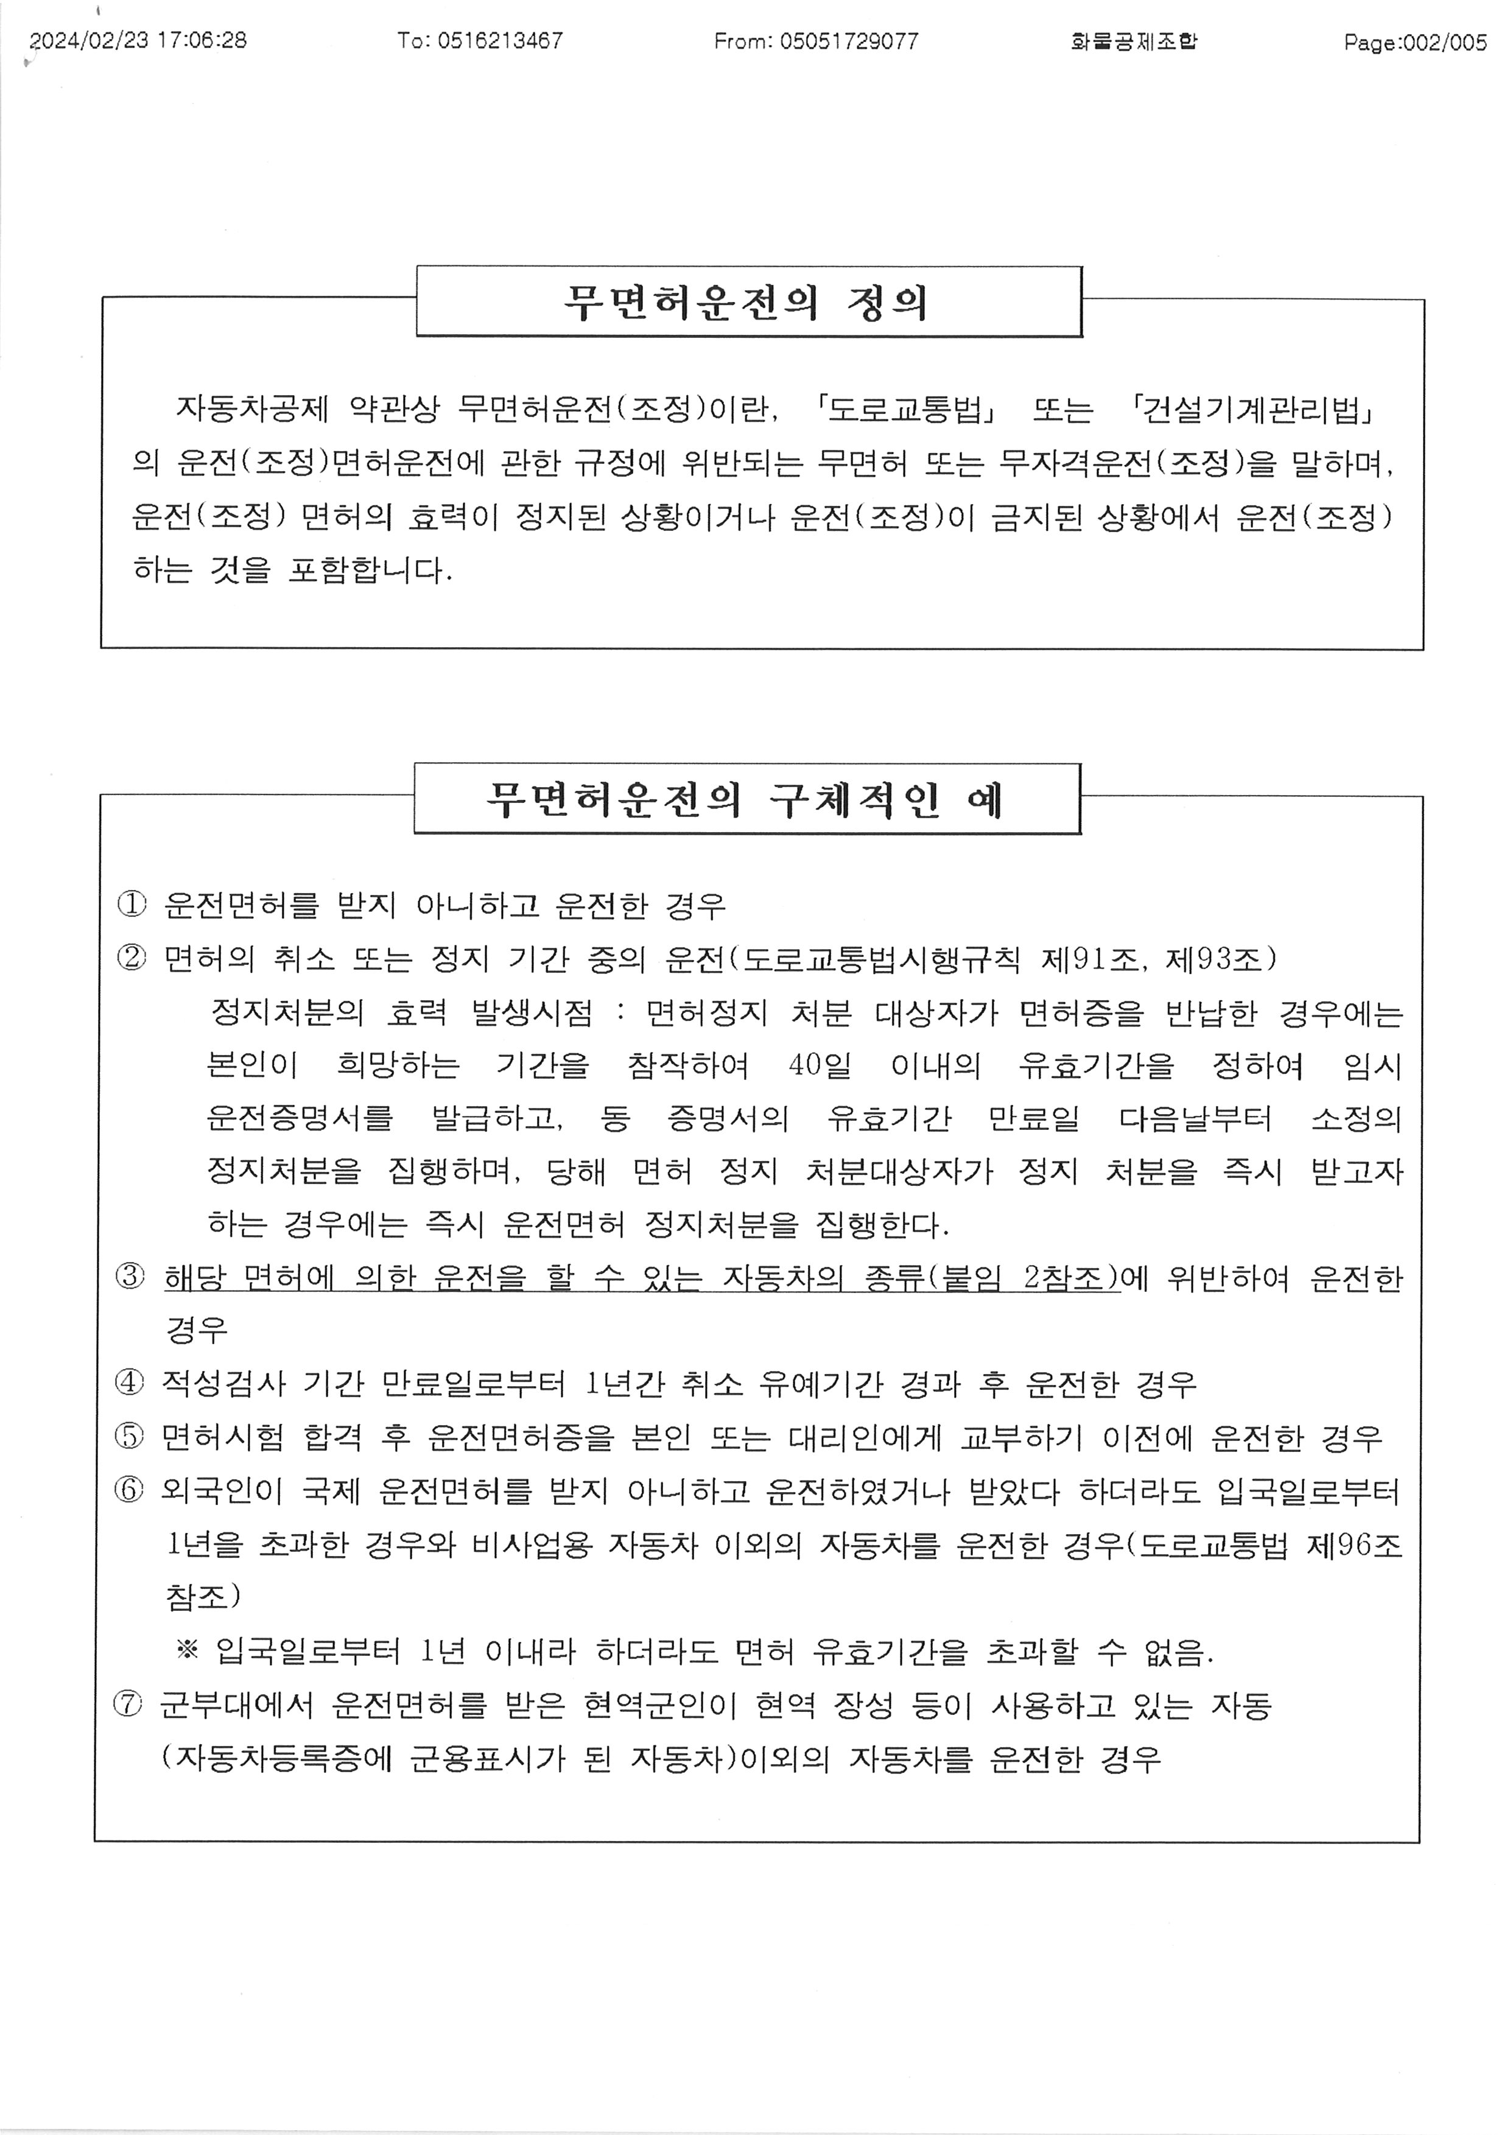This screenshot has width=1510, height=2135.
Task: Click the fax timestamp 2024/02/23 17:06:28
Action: coord(138,40)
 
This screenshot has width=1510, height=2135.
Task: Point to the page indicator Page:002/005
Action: coord(1414,42)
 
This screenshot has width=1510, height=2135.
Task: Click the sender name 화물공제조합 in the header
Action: coord(1134,41)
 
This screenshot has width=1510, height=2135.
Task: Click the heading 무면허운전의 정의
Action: coord(748,302)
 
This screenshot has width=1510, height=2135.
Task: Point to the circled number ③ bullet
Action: coord(130,1277)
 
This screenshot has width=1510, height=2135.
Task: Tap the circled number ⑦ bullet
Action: coord(128,1705)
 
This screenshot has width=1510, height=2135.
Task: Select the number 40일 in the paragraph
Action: coord(819,1065)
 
